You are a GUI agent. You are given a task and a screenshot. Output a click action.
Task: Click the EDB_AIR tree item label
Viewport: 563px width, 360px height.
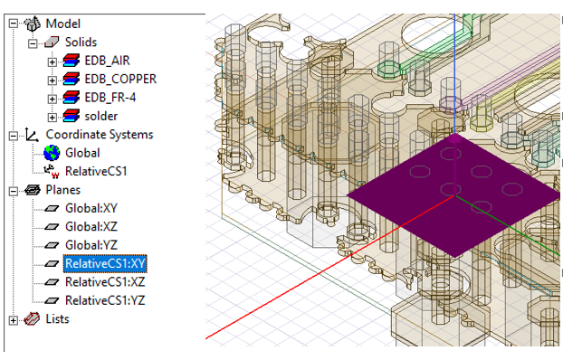coord(107,61)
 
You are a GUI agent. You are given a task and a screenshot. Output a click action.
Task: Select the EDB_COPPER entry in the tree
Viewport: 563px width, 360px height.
coord(120,79)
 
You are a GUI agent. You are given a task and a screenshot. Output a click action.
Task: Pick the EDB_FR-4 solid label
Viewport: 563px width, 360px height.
coord(110,98)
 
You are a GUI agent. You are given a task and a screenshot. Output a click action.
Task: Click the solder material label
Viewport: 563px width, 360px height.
coord(101,116)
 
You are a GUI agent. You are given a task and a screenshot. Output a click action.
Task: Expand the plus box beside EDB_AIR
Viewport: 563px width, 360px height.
coord(52,62)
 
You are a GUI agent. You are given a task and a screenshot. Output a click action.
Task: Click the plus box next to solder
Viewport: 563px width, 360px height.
coord(52,117)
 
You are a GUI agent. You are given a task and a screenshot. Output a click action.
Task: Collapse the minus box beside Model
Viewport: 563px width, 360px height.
coord(13,24)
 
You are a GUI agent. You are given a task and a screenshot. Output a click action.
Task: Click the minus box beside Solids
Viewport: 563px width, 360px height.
coord(33,43)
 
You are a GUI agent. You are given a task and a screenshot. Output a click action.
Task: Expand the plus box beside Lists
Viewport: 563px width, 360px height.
coord(13,320)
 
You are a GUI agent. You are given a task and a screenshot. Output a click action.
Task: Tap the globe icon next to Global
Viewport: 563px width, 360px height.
coord(52,153)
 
